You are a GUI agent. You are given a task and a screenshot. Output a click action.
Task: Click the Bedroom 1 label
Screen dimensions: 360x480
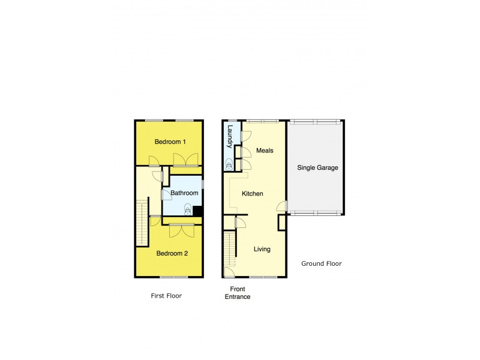click(x=170, y=142)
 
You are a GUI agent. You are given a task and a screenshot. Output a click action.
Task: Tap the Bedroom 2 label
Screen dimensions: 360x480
click(x=172, y=253)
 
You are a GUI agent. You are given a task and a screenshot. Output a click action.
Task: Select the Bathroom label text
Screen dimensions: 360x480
click(x=184, y=193)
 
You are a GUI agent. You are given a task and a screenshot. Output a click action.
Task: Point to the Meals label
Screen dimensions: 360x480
click(x=265, y=151)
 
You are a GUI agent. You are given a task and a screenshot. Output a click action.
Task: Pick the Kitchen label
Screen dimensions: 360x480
click(x=253, y=194)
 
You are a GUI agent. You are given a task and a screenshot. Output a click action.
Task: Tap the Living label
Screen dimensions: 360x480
click(x=262, y=250)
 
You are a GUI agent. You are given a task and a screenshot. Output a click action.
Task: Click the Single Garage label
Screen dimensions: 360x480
click(x=318, y=168)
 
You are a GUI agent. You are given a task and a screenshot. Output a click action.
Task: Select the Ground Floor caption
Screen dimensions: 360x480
click(x=322, y=264)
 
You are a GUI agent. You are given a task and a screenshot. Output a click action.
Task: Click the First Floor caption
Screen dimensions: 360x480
click(x=166, y=296)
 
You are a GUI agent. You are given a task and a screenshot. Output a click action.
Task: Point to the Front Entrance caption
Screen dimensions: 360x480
click(x=238, y=293)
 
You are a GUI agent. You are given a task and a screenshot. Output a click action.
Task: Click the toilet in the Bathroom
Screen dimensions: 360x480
click(x=188, y=210)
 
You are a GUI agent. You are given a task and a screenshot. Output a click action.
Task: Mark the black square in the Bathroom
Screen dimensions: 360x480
click(x=197, y=211)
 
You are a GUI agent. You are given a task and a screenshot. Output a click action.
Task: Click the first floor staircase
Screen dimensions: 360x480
click(x=143, y=224)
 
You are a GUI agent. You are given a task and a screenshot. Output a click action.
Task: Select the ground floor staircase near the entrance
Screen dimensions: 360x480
click(x=230, y=250)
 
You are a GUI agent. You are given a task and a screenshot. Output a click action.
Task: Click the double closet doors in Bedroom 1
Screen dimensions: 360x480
click(x=185, y=160)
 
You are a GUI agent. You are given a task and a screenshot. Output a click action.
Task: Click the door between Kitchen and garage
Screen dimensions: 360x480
click(x=281, y=207)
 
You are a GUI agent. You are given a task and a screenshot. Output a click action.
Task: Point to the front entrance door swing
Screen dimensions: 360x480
click(x=229, y=271)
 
